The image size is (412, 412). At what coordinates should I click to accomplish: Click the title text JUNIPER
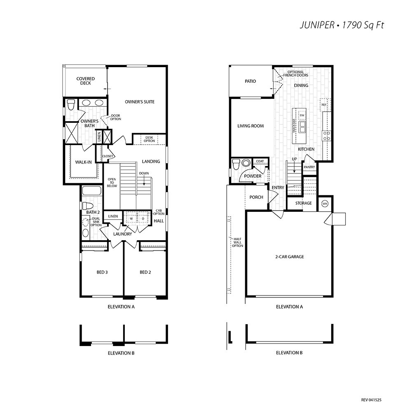click(x=317, y=25)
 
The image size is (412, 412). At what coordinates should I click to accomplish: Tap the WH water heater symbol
click(x=325, y=204)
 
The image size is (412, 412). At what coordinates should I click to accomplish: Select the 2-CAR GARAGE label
click(x=290, y=257)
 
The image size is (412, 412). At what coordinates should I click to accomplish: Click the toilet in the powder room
click(x=236, y=164)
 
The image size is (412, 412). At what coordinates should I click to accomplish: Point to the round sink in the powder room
click(x=246, y=163)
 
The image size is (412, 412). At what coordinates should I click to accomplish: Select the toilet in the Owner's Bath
click(x=71, y=105)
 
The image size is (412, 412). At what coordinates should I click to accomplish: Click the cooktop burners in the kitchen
click(x=327, y=136)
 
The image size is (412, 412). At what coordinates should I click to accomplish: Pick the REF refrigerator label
click(x=324, y=105)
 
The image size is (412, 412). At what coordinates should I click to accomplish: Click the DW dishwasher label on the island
click(x=302, y=115)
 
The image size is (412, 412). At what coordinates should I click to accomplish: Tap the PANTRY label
click(x=309, y=167)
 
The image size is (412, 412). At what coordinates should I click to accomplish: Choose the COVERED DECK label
click(x=85, y=81)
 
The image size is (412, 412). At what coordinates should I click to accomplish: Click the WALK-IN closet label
click(x=83, y=162)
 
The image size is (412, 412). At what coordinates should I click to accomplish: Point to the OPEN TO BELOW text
click(x=112, y=183)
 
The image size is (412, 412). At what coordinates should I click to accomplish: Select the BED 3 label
click(x=102, y=272)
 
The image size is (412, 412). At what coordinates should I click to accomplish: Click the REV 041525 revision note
click(x=371, y=400)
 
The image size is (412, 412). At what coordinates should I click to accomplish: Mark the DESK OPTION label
click(x=149, y=139)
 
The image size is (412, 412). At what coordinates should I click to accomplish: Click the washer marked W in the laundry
click(x=131, y=219)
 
